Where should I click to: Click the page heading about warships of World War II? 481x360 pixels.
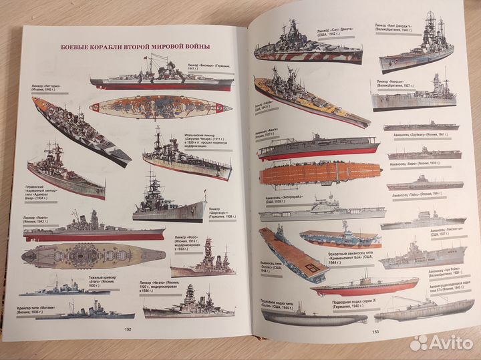click(x=136, y=46)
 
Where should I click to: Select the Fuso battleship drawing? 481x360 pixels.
click(x=203, y=260)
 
